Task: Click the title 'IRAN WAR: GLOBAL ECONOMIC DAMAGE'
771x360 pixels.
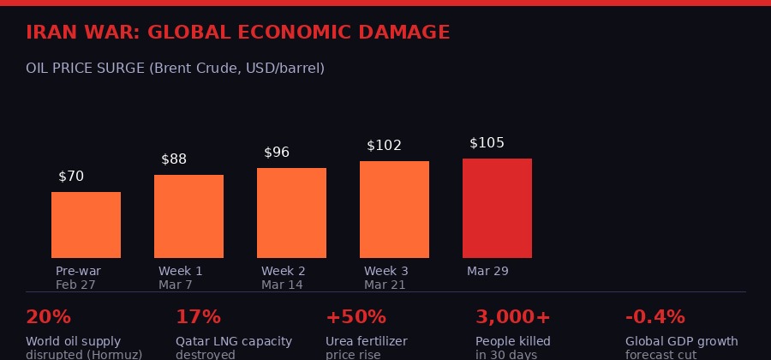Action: [x=237, y=33]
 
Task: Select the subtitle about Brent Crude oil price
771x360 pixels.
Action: [x=175, y=68]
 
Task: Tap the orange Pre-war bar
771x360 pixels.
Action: [x=86, y=225]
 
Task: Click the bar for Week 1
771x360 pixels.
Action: [x=188, y=216]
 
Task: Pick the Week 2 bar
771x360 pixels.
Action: [x=291, y=213]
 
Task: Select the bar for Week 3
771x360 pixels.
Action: [x=394, y=209]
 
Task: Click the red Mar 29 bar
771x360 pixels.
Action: [x=497, y=208]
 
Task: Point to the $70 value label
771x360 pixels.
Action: [x=71, y=177]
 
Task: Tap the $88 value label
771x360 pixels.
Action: [x=174, y=159]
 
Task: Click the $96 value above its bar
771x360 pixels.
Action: [x=277, y=153]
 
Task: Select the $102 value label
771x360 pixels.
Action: [x=384, y=146]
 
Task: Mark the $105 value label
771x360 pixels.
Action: [x=487, y=143]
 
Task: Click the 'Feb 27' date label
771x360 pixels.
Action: [x=76, y=285]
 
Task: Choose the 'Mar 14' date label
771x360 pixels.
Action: [x=282, y=285]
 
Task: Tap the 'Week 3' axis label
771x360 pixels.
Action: [x=385, y=272]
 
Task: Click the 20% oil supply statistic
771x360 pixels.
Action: [x=48, y=317]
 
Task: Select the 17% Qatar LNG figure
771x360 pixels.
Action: [x=198, y=317]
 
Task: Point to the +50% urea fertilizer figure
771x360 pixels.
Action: [x=356, y=317]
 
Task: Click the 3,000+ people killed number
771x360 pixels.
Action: [x=512, y=317]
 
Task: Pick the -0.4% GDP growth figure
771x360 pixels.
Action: [x=655, y=317]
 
